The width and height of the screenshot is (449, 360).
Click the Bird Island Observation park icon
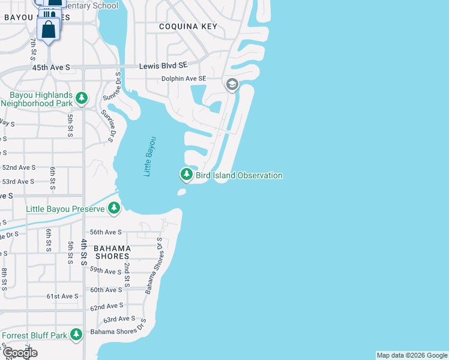pyautogui.click(x=186, y=175)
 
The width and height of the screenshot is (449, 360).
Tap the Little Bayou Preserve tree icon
pyautogui.click(x=114, y=209)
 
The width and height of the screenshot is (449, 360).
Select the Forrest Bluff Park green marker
pyautogui.click(x=76, y=335)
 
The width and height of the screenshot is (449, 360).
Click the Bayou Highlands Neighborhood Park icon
pyautogui.click(x=82, y=97)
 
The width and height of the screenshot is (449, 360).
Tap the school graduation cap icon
pyautogui.click(x=232, y=85)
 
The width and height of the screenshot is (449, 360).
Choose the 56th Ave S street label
pyautogui.click(x=106, y=232)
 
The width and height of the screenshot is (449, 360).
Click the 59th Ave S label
pyautogui.click(x=106, y=271)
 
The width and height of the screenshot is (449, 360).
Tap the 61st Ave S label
pyautogui.click(x=63, y=296)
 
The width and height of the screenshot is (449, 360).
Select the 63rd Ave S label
pyautogui.click(x=119, y=319)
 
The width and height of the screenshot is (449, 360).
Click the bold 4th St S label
pyautogui.click(x=85, y=253)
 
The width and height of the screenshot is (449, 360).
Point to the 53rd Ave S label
pyautogui.click(x=19, y=181)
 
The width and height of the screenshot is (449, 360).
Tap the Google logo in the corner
pyautogui.click(x=20, y=353)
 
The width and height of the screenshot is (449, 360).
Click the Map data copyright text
pyautogui.click(x=411, y=355)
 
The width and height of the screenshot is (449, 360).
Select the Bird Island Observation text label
pyautogui.click(x=239, y=175)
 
